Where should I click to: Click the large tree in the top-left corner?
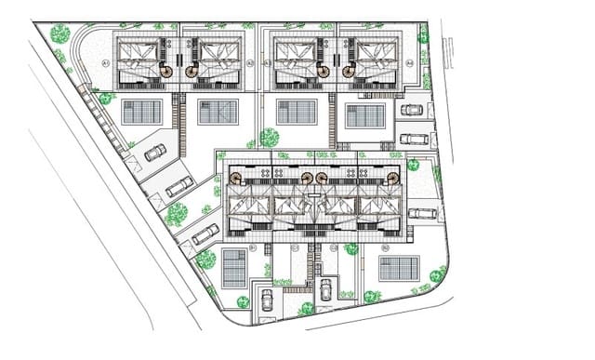(x=59, y=33)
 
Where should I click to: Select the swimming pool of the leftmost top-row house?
(x=142, y=113)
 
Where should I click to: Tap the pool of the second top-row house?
(x=218, y=112)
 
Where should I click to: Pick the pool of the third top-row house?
(x=297, y=113)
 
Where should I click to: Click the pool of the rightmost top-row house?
(x=365, y=115)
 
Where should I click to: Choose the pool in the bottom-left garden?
(x=235, y=267)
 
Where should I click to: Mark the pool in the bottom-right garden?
(x=399, y=268)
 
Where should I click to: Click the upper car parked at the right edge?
(x=412, y=110)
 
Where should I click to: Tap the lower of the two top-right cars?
(x=414, y=139)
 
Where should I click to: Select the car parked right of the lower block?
(x=422, y=213)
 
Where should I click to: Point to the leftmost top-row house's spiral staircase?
(x=166, y=70)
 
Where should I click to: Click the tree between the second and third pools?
(x=269, y=138)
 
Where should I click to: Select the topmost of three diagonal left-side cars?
(x=155, y=153)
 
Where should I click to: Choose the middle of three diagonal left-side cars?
(x=179, y=186)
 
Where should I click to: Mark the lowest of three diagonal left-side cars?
(x=205, y=233)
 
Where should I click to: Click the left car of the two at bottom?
(x=268, y=299)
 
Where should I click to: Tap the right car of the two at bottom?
(x=325, y=289)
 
